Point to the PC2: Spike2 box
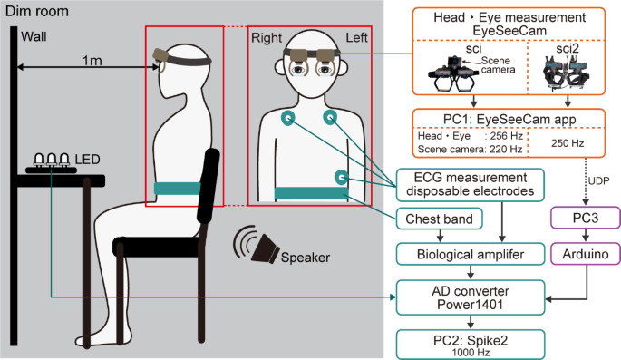(x=470, y=342)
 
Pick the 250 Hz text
(x=570, y=141)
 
